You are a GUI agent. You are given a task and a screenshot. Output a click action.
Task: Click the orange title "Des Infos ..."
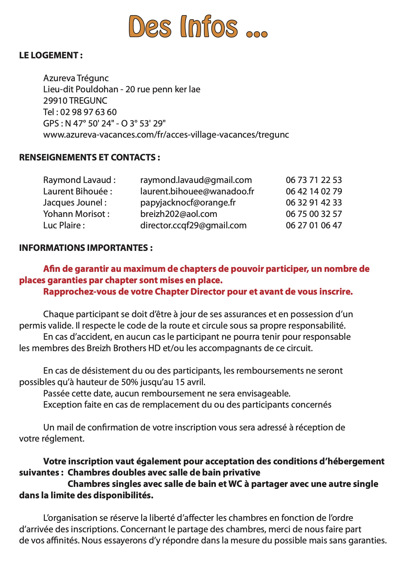[x=198, y=27]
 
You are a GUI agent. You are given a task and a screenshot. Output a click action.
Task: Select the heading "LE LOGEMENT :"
[x=51, y=55]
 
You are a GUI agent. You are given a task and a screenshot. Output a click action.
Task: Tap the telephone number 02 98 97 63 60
[x=88, y=112]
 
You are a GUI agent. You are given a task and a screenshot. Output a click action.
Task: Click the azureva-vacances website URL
[x=166, y=135]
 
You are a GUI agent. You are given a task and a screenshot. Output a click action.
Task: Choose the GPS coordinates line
[x=104, y=123]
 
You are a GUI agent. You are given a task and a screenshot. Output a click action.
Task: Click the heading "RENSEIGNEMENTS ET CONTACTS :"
[x=89, y=157]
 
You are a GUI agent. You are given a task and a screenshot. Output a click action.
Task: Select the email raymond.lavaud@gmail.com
[x=196, y=180]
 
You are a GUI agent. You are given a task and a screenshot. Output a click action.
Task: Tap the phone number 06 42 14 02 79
[x=314, y=191]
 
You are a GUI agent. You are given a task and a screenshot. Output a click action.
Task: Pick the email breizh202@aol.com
[x=178, y=214]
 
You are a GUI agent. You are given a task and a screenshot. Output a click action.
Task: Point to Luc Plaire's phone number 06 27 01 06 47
[x=314, y=225]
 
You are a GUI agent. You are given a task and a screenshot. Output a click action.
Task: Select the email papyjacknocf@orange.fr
[x=188, y=203]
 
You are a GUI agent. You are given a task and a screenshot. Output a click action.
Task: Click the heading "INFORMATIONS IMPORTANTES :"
[x=86, y=248]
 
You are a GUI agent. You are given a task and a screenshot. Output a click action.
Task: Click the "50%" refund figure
[x=129, y=382]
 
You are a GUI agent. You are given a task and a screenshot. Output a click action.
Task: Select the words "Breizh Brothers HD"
[x=124, y=348]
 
